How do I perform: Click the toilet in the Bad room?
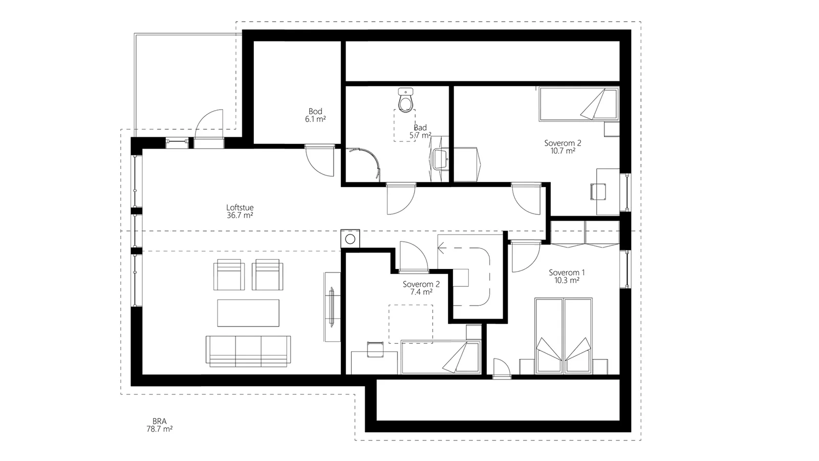tap(405, 100)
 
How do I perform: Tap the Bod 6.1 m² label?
tap(315, 115)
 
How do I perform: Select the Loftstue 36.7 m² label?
tap(240, 212)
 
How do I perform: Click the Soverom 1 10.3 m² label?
tap(567, 276)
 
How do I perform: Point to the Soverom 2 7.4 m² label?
tap(421, 288)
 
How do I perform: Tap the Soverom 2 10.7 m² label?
tap(563, 146)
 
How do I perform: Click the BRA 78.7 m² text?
tap(159, 425)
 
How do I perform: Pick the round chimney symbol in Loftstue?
tap(350, 239)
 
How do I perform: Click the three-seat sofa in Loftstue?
tap(248, 351)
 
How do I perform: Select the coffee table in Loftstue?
tap(248, 313)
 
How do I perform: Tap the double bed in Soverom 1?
tap(564, 336)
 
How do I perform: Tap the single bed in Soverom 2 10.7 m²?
tap(579, 104)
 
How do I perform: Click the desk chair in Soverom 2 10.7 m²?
tap(598, 192)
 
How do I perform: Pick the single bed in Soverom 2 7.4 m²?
tap(441, 357)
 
